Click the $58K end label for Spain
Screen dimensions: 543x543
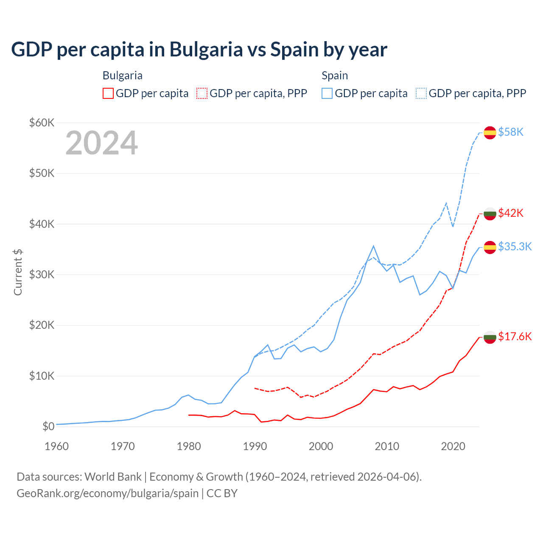(x=511, y=132)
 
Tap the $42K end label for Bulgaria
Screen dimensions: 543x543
(x=511, y=213)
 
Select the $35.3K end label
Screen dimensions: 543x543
(x=515, y=246)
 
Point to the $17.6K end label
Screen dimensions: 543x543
(x=515, y=336)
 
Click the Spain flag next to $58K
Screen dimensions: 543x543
(x=490, y=132)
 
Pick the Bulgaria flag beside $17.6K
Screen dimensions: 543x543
(x=490, y=337)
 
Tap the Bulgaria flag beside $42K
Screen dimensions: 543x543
(x=490, y=213)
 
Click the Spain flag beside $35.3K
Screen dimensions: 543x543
(x=490, y=247)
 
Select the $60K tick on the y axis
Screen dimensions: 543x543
(x=42, y=123)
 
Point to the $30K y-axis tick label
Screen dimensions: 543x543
(x=42, y=275)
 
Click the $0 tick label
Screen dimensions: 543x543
(x=48, y=427)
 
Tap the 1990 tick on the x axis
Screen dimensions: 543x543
(x=255, y=446)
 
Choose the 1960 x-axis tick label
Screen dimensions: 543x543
(x=57, y=446)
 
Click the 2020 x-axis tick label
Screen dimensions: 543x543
(x=453, y=446)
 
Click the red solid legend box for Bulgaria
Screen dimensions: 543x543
(x=108, y=93)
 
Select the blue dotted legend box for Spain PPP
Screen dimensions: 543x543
(x=421, y=93)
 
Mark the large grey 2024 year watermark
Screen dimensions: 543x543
(x=101, y=143)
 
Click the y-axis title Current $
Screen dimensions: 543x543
(x=18, y=272)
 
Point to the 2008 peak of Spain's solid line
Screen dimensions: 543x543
(x=373, y=246)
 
